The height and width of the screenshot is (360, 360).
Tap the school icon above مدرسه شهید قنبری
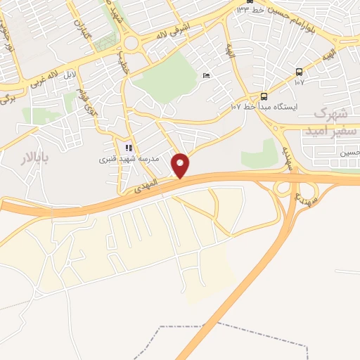point(128,148)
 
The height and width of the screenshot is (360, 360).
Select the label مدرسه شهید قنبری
point(127,160)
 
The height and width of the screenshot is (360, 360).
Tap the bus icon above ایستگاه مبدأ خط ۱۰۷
point(264,96)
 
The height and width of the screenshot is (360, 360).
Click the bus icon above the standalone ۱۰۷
point(300,72)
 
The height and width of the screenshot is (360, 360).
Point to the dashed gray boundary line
point(232,328)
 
